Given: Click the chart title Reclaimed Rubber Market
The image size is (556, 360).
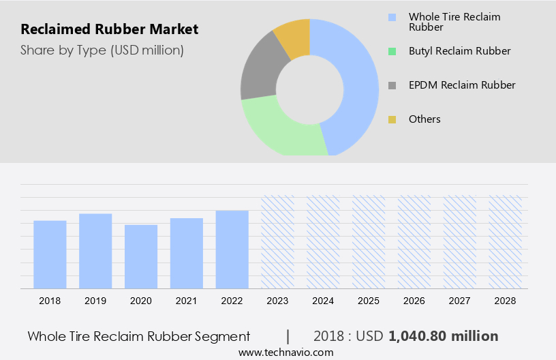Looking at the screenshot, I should [x=110, y=29].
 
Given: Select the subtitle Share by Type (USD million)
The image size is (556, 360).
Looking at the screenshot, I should [x=102, y=50].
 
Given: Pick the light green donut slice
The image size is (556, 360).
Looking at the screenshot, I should [x=279, y=130].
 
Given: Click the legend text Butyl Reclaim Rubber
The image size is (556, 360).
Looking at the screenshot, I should [x=459, y=51].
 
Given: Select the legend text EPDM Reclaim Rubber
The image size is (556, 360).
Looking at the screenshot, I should [x=462, y=85].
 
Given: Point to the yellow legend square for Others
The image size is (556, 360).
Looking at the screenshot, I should [x=392, y=120].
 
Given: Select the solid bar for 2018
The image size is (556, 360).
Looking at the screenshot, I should [x=50, y=254].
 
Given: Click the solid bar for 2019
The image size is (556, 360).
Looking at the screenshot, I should [x=95, y=251].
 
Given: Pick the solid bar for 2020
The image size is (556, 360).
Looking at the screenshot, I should [x=141, y=256].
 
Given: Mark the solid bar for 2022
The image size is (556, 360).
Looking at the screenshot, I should [x=232, y=250].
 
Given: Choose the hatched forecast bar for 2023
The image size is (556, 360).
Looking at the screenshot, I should [x=278, y=242].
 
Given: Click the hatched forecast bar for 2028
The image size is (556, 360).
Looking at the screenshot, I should [x=506, y=242].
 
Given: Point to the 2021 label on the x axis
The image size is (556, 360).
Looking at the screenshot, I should [x=187, y=301].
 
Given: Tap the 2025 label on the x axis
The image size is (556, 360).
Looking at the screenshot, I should [x=369, y=301].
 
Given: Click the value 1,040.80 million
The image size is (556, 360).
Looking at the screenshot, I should [x=443, y=336].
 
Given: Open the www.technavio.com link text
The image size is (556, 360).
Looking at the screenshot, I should [x=285, y=352].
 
